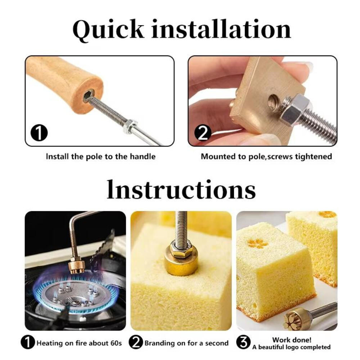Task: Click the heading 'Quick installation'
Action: point(181,30)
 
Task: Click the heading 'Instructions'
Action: point(181,190)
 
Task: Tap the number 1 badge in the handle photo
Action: point(39,133)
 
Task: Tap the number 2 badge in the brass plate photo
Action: point(203,133)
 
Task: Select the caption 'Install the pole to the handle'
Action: point(100,157)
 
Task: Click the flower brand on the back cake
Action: point(328,215)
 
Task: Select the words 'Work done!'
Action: point(292,339)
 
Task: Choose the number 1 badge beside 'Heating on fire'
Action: point(28,343)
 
